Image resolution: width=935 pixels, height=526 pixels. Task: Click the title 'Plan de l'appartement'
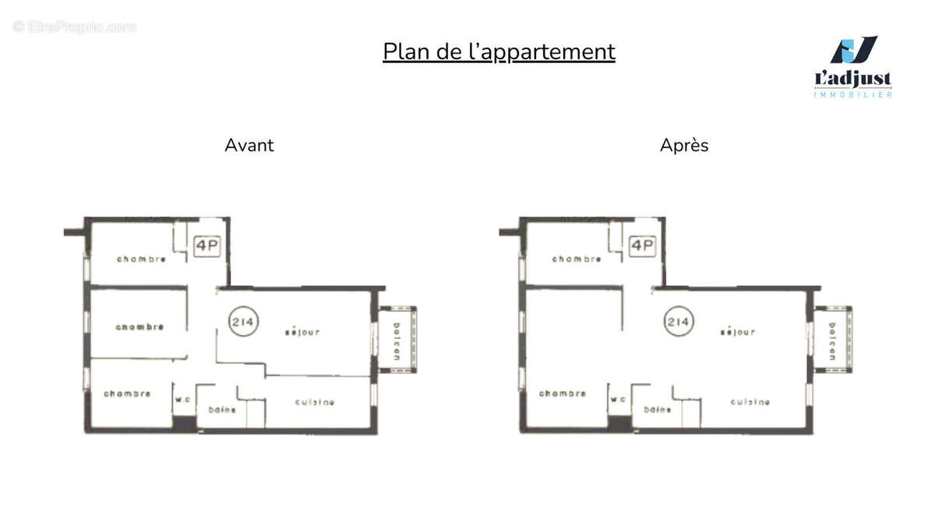499,51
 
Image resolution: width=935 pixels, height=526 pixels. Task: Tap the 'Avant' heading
249,145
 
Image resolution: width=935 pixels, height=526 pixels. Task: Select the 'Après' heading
684,145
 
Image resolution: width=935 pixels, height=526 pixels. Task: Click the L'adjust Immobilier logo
852,67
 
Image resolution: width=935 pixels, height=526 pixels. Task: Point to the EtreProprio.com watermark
75,26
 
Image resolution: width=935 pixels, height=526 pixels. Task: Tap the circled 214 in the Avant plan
243,320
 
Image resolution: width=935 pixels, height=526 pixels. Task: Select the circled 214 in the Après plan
678,320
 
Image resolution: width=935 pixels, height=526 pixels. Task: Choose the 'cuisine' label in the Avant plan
315,402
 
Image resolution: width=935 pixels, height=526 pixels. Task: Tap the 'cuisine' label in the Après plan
750,402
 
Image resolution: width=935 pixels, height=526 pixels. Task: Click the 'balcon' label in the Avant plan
397,340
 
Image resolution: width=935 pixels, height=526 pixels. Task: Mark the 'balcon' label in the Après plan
832,340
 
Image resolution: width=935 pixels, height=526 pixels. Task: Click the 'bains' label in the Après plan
658,409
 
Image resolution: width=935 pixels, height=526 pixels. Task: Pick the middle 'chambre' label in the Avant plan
140,327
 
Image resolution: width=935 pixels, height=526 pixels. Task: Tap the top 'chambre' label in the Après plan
577,259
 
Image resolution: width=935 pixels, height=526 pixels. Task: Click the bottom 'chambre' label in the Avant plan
127,394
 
